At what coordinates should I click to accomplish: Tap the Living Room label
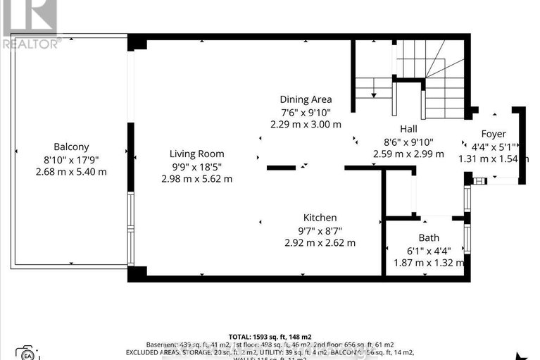[196, 154]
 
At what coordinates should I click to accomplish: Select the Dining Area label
[306, 99]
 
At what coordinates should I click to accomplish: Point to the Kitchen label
[320, 218]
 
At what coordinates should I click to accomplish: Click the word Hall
[408, 129]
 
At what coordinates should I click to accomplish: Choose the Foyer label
[493, 134]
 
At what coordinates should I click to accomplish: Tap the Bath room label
[428, 238]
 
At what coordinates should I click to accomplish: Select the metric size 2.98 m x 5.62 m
[196, 178]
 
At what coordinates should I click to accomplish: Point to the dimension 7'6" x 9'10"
[306, 112]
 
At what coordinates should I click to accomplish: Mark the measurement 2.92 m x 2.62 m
[320, 242]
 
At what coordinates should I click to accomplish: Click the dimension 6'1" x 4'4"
[428, 250]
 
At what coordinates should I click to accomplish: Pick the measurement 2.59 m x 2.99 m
[408, 154]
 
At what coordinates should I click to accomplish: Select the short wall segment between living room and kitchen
[281, 168]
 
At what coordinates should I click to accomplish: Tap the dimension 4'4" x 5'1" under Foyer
[493, 147]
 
